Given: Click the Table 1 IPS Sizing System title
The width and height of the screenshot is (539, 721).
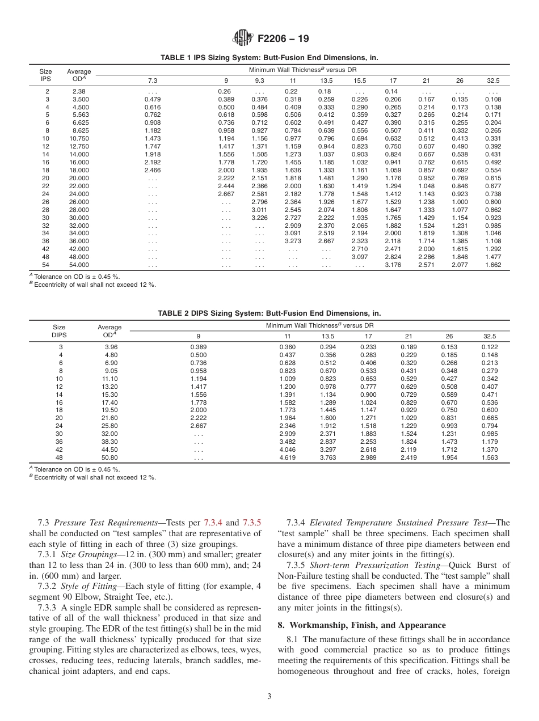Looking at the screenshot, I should coord(269,58).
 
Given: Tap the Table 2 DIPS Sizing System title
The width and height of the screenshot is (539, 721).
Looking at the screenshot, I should coord(269,313).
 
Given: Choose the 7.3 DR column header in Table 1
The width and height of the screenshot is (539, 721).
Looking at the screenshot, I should coord(153,80).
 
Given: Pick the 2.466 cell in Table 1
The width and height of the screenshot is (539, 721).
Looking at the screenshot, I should coord(153,169).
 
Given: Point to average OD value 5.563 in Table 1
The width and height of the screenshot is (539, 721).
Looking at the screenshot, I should coord(79,114).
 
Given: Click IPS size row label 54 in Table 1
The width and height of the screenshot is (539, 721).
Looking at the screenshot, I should coord(47,265).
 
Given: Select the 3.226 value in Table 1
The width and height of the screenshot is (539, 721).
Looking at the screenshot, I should coord(259,217).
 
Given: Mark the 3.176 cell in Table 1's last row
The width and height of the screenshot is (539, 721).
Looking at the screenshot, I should coord(393,265).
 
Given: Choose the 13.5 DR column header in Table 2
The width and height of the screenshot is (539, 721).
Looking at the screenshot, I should coord(328,336).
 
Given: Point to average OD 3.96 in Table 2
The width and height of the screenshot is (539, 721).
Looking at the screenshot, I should coord(111,347).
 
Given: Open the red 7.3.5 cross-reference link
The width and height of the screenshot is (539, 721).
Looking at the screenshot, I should coord(251,523).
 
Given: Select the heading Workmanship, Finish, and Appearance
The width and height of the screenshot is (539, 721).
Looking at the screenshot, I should coord(368,625).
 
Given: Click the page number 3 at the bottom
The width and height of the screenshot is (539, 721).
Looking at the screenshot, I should coord(269,697).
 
